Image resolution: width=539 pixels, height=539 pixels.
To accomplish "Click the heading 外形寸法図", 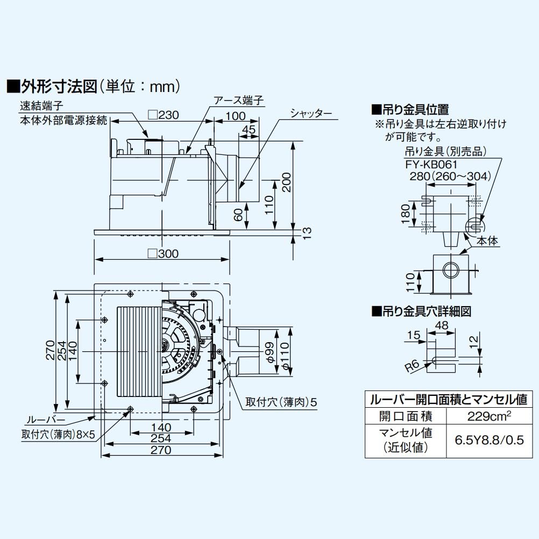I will pyautogui.click(x=59, y=86).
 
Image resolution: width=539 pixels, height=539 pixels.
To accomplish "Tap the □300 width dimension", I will pyautogui.click(x=162, y=253).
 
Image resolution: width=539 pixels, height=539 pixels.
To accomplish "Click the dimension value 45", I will pyautogui.click(x=248, y=129).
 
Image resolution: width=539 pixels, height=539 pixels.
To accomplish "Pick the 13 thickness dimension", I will pyautogui.click(x=307, y=232).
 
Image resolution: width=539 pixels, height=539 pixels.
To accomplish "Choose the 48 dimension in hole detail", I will pyautogui.click(x=441, y=325).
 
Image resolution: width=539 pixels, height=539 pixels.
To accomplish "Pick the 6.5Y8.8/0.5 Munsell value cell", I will pyautogui.click(x=489, y=439).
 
